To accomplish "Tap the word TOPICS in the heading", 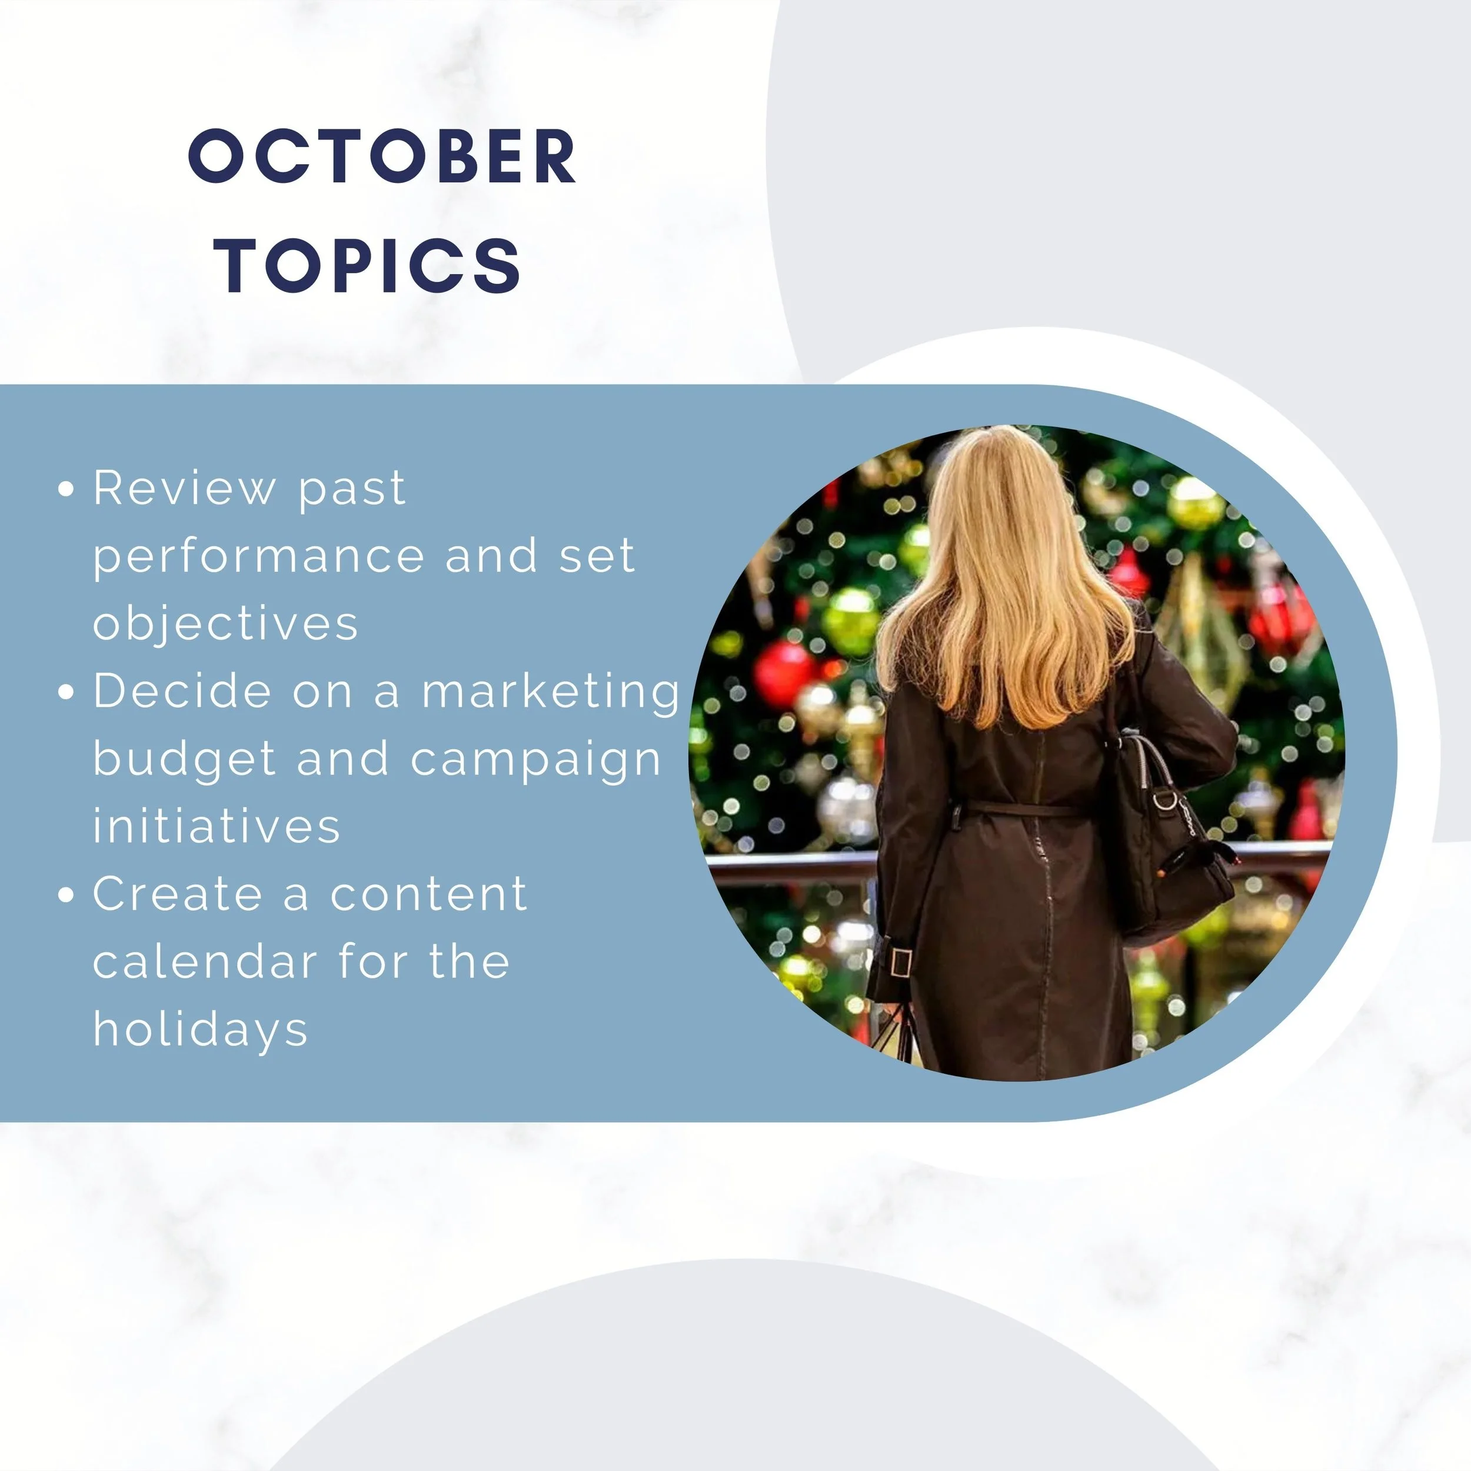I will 370,264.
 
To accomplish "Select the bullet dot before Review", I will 66,489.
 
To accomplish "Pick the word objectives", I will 225,624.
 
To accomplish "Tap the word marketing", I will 551,692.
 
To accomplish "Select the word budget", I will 184,760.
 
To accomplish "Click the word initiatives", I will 216,826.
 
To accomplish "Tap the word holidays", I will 200,1029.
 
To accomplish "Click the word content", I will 429,894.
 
